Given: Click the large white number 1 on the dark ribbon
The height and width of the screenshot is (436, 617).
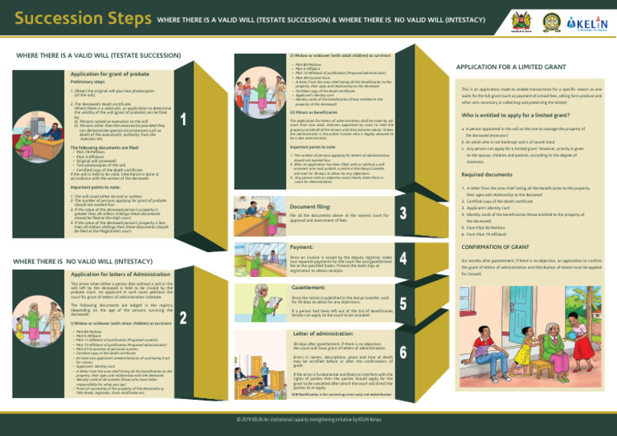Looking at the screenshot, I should click(x=185, y=120).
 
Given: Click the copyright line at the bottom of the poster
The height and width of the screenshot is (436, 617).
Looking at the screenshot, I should click(x=308, y=418).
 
